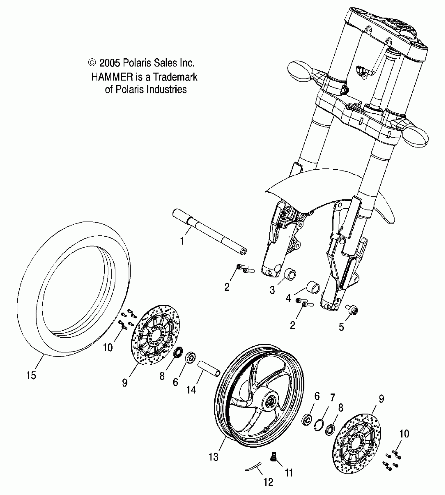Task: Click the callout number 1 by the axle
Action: coord(182,241)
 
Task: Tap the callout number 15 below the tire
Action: coord(31,376)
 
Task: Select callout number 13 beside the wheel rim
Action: coord(214,457)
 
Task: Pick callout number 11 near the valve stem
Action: coord(289,473)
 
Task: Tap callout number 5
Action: coord(341,327)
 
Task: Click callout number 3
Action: coord(272,290)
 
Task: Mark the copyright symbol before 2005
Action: coord(92,63)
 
